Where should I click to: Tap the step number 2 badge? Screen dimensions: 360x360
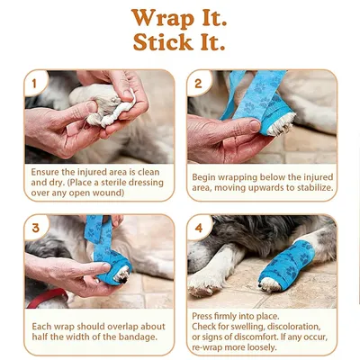pyautogui.click(x=199, y=84)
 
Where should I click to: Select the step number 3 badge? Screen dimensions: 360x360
pyautogui.click(x=34, y=228)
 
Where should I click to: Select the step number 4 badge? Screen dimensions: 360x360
pyautogui.click(x=199, y=228)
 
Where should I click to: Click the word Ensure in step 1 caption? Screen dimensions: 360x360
pyautogui.click(x=46, y=170)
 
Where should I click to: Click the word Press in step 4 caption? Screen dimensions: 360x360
pyautogui.click(x=206, y=317)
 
